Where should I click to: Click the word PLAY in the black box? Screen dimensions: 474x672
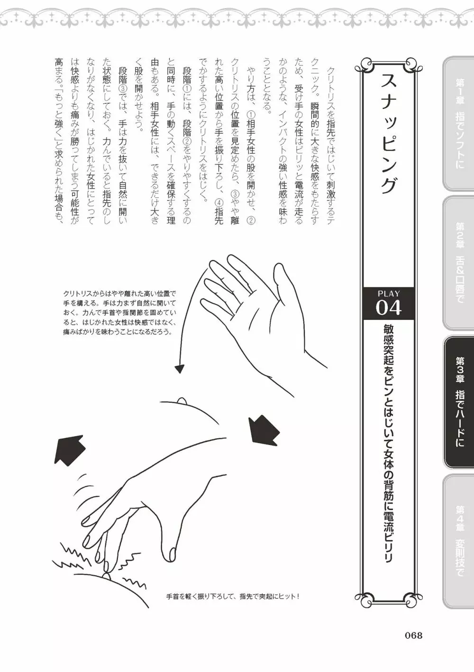pyautogui.click(x=389, y=294)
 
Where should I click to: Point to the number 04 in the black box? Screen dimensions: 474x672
pyautogui.click(x=389, y=308)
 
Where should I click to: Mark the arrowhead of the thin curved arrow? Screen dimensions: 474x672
pyautogui.click(x=179, y=369)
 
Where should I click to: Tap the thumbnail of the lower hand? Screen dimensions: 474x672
pyautogui.click(x=173, y=552)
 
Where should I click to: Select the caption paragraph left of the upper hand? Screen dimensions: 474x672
pyautogui.click(x=119, y=312)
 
